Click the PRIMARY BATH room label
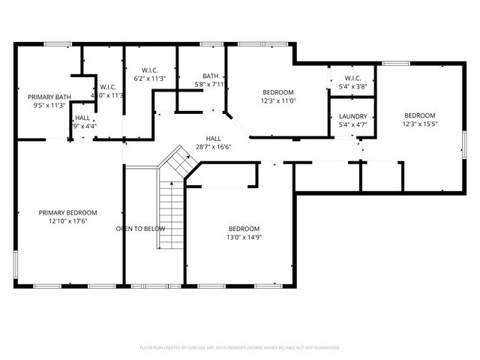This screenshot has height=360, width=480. click(49, 97)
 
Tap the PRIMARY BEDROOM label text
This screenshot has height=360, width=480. click(68, 212)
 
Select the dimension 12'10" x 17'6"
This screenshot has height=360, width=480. click(68, 221)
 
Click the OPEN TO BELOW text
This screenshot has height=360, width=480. click(140, 228)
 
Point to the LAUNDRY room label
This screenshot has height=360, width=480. click(352, 116)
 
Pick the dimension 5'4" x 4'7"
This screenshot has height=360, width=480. click(352, 125)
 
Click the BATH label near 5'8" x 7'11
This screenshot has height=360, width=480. click(210, 76)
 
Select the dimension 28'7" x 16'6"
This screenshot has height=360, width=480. click(214, 147)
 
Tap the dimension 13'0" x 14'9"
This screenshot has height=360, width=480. click(244, 237)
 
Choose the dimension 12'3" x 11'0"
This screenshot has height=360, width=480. click(278, 100)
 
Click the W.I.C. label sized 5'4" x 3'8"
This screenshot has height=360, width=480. click(352, 78)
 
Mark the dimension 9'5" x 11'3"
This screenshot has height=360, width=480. click(49, 106)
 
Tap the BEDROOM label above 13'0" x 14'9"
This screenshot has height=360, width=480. click(244, 229)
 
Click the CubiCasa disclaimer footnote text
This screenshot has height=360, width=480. click(240, 347)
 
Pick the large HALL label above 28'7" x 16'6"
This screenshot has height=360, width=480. click(214, 139)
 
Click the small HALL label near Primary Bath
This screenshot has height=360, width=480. click(82, 118)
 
